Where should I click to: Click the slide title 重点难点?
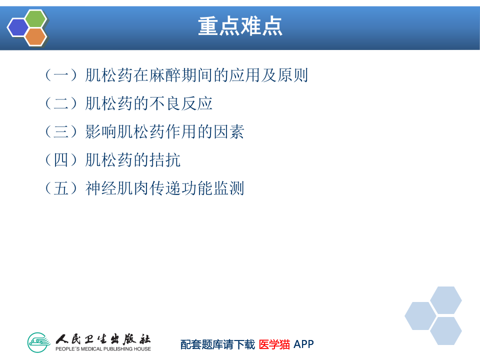pos(240,26)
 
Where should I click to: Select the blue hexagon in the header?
pos(18,27)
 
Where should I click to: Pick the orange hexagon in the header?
pos(36,36)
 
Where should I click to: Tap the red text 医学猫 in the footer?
pos(274,344)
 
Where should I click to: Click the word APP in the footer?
pos(303,344)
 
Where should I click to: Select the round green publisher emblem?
pos(39,342)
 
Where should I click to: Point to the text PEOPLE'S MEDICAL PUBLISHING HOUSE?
pos(103,348)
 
